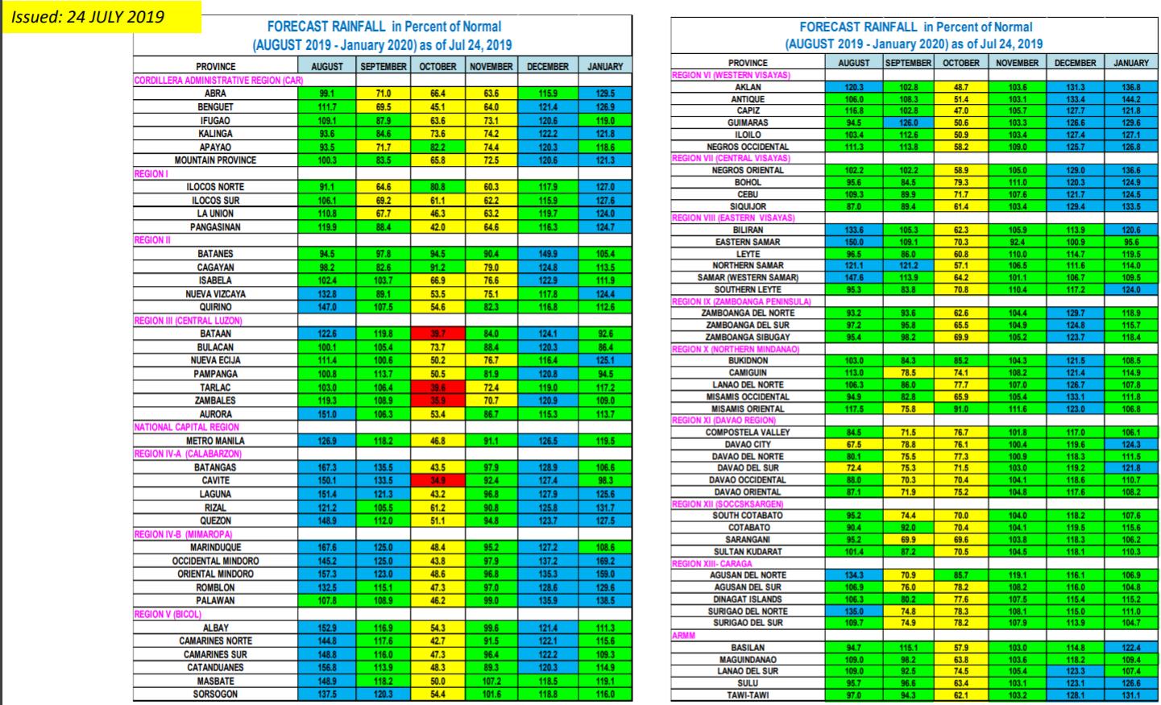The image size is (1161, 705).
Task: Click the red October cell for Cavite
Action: click(438, 481)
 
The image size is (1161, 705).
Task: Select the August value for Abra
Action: click(327, 93)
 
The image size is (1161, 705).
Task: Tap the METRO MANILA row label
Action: click(215, 441)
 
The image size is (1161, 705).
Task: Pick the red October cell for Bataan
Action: click(438, 334)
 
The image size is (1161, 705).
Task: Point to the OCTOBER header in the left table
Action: click(438, 67)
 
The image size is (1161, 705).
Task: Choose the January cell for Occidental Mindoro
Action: click(605, 561)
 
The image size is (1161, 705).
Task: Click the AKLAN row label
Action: click(748, 87)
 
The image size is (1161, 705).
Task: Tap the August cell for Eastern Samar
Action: click(853, 242)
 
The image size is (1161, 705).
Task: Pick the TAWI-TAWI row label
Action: click(748, 695)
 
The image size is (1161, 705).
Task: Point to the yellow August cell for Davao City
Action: click(853, 444)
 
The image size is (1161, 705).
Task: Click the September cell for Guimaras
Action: click(908, 122)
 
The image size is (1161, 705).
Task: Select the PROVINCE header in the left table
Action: click(215, 67)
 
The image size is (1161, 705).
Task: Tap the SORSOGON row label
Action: click(215, 694)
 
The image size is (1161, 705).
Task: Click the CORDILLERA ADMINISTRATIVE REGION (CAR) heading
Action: click(218, 81)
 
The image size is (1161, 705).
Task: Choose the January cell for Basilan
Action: click(1131, 648)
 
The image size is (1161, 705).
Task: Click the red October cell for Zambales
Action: click(438, 400)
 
